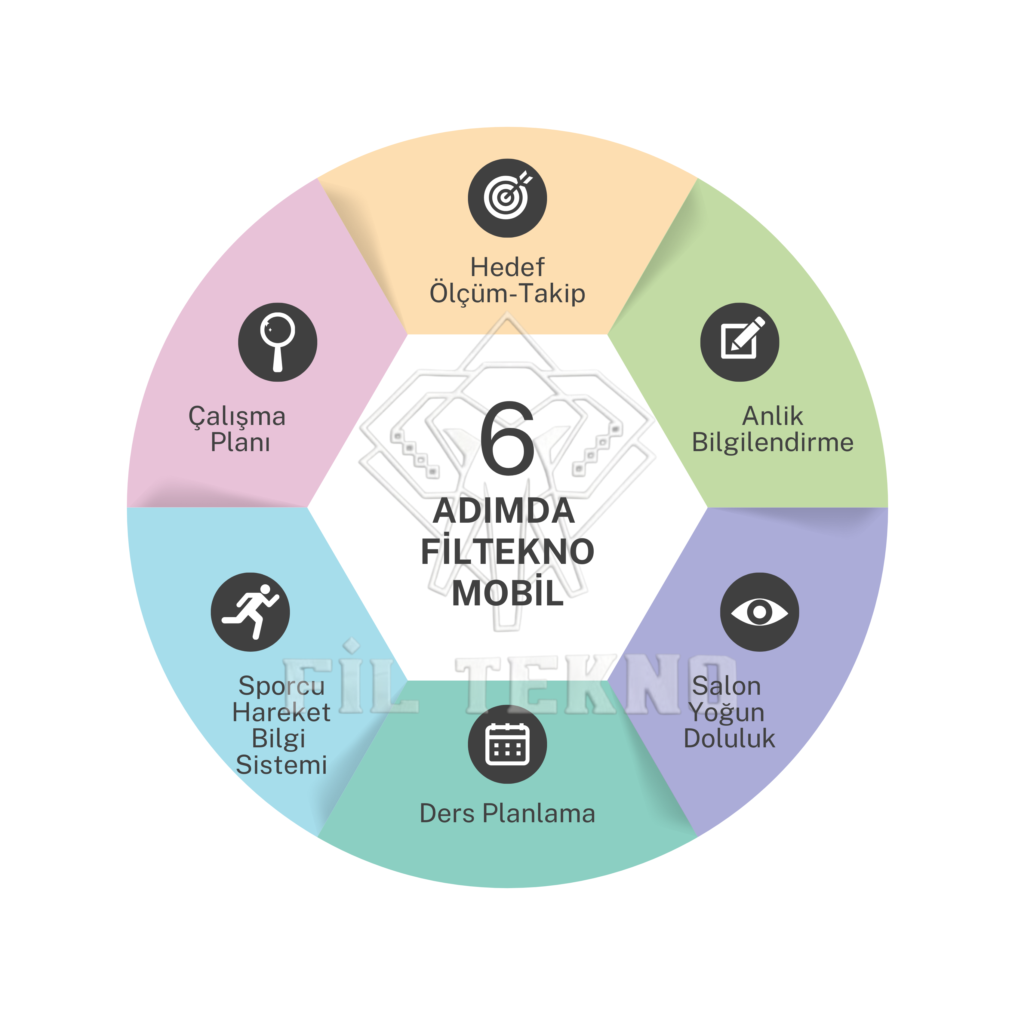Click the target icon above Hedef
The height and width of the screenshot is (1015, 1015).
(508, 198)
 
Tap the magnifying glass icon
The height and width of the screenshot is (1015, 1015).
(277, 342)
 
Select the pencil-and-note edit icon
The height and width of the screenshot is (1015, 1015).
(740, 342)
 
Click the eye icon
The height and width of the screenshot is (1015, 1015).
(760, 612)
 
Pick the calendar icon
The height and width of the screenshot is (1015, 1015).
(508, 744)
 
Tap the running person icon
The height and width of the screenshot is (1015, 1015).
(250, 612)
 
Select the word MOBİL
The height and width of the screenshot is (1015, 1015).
(508, 592)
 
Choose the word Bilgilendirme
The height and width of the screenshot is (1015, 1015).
(772, 442)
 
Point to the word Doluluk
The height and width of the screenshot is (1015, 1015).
(729, 738)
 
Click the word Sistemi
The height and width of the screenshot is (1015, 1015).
(281, 764)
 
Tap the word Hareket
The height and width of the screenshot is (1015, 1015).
(281, 712)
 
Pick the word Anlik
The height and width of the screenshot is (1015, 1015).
(772, 416)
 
